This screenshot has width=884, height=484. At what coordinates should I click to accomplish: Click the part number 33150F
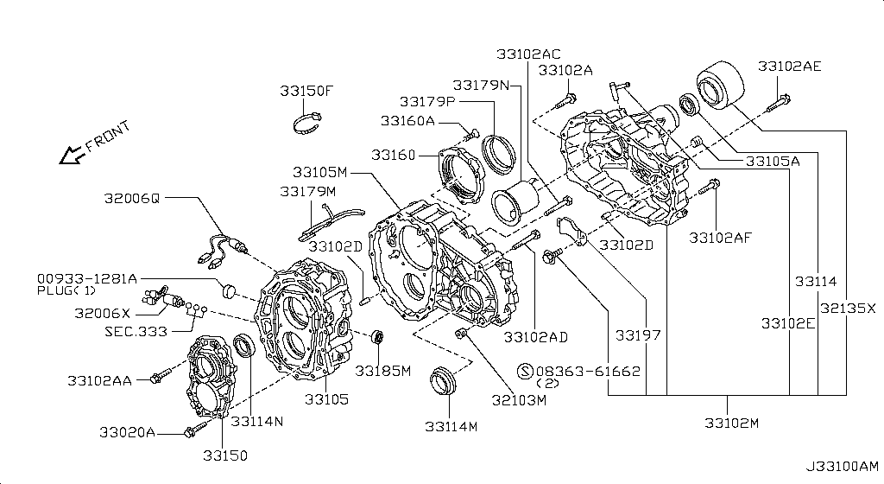tap(306, 91)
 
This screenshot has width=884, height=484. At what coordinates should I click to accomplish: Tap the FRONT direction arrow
tap(71, 156)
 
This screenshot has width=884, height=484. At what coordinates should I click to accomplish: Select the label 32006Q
tap(132, 199)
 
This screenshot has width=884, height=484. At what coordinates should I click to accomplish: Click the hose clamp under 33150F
tap(307, 124)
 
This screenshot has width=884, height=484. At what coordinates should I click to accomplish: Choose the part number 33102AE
tap(789, 67)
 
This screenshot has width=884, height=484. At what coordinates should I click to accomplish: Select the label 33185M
tap(382, 371)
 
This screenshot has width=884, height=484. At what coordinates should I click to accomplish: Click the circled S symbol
tap(525, 371)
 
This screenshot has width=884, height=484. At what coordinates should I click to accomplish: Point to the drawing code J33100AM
tap(842, 467)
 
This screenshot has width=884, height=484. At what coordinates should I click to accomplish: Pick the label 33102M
tap(732, 423)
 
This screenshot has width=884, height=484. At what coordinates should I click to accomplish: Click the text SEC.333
tap(136, 332)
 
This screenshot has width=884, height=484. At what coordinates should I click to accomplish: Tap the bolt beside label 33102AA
tap(161, 375)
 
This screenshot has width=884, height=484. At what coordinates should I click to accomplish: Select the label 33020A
tap(127, 433)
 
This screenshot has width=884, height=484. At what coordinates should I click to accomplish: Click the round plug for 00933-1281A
tap(229, 290)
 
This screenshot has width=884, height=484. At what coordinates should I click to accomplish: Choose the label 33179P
tap(426, 102)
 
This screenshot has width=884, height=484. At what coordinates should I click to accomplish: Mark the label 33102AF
tap(721, 238)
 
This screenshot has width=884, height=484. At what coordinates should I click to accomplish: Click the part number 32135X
tap(848, 309)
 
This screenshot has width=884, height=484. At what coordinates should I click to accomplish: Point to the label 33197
tap(638, 335)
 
